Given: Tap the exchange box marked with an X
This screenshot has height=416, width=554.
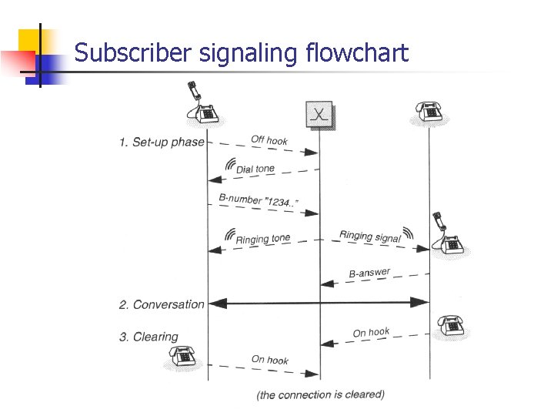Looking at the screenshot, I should point(318,115).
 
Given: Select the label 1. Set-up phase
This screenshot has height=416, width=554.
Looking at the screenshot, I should point(162,142).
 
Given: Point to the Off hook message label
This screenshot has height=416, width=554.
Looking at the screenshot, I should point(269,140).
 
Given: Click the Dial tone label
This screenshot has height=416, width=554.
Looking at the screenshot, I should point(255,168).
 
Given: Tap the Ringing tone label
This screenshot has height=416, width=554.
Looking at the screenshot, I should point(263,239).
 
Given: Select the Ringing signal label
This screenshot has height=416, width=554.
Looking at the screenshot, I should point(370,236).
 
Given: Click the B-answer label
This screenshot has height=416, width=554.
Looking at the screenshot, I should point(369,273).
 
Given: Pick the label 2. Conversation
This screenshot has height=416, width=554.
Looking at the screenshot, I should point(162,304).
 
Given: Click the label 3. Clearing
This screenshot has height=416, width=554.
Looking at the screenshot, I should point(148,337).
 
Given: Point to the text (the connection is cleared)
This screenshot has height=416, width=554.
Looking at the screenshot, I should point(320,394).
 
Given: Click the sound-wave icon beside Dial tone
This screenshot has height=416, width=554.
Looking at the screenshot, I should point(229,164).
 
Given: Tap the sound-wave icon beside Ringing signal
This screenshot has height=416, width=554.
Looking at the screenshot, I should point(408,232).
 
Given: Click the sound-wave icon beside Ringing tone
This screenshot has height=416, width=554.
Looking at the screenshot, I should point(229,235).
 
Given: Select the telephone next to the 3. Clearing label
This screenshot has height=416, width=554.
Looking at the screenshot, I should point(183,356).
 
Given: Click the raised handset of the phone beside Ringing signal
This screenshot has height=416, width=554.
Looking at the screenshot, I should point(438,221).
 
